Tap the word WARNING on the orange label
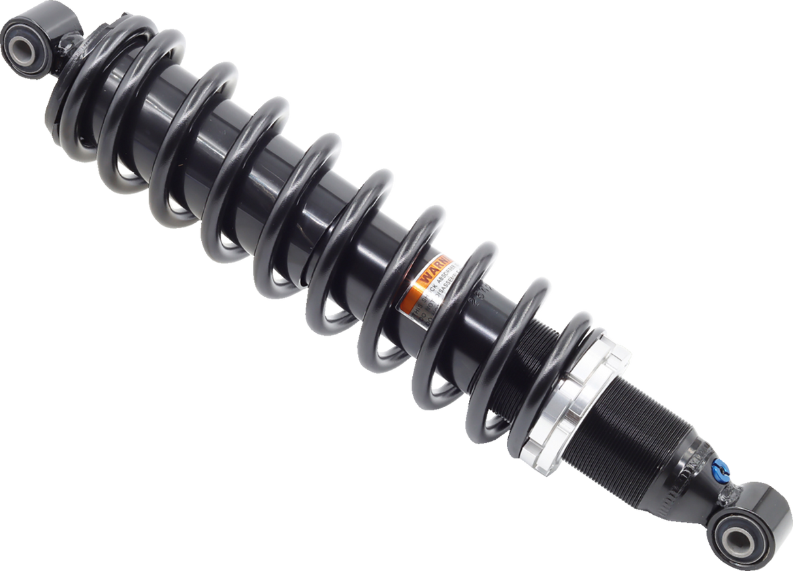tap(438, 271)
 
